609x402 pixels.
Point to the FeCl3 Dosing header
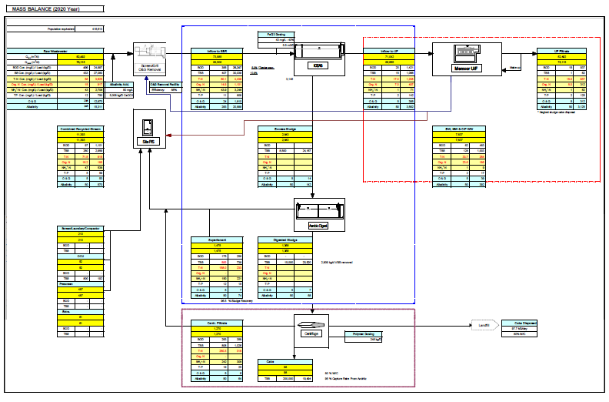click(277, 35)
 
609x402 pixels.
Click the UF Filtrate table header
click(566, 50)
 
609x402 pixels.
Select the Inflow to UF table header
click(390, 50)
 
